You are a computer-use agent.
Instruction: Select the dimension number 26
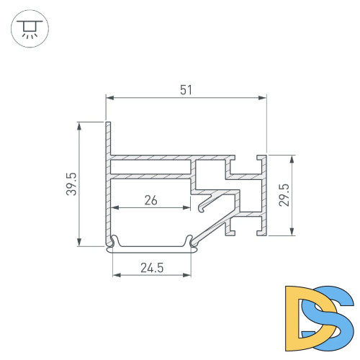click(150, 201)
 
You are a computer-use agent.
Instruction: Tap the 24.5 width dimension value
click(152, 268)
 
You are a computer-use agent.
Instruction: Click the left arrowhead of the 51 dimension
click(110, 96)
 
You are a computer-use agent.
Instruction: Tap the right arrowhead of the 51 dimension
click(264, 96)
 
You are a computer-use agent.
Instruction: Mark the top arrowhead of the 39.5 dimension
click(78, 125)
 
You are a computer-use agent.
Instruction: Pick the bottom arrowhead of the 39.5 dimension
click(78, 242)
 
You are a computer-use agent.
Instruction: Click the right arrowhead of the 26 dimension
click(195, 208)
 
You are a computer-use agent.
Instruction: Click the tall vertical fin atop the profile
click(108, 137)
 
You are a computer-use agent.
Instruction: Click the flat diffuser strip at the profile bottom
click(152, 249)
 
